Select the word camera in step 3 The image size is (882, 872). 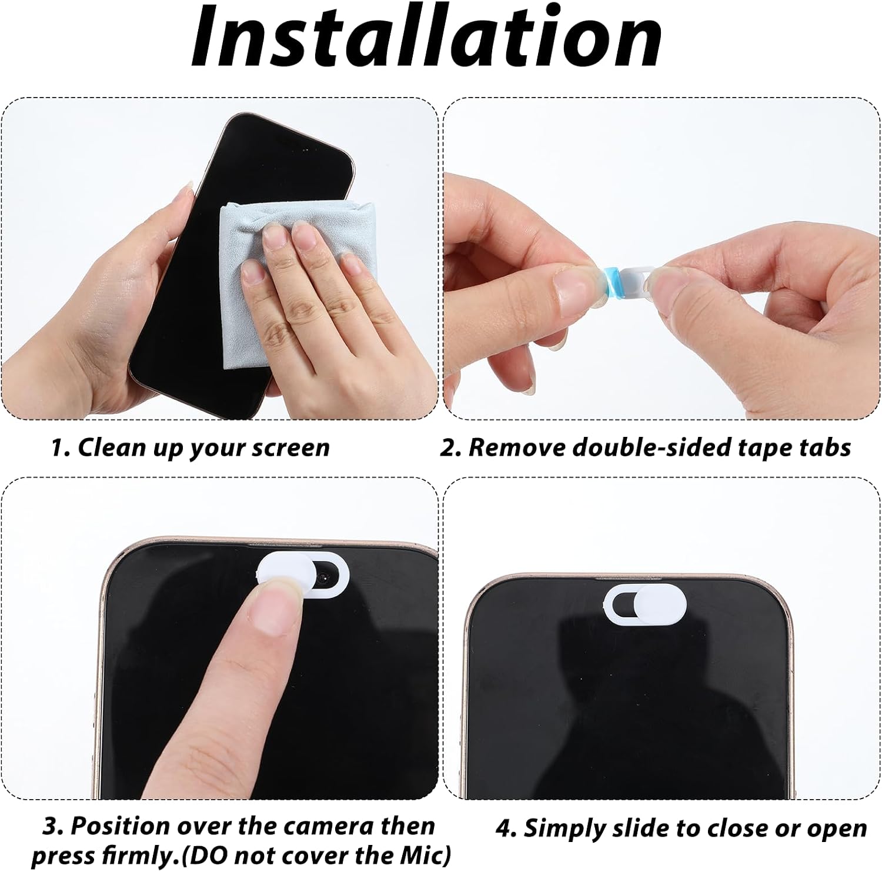pyautogui.click(x=329, y=826)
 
